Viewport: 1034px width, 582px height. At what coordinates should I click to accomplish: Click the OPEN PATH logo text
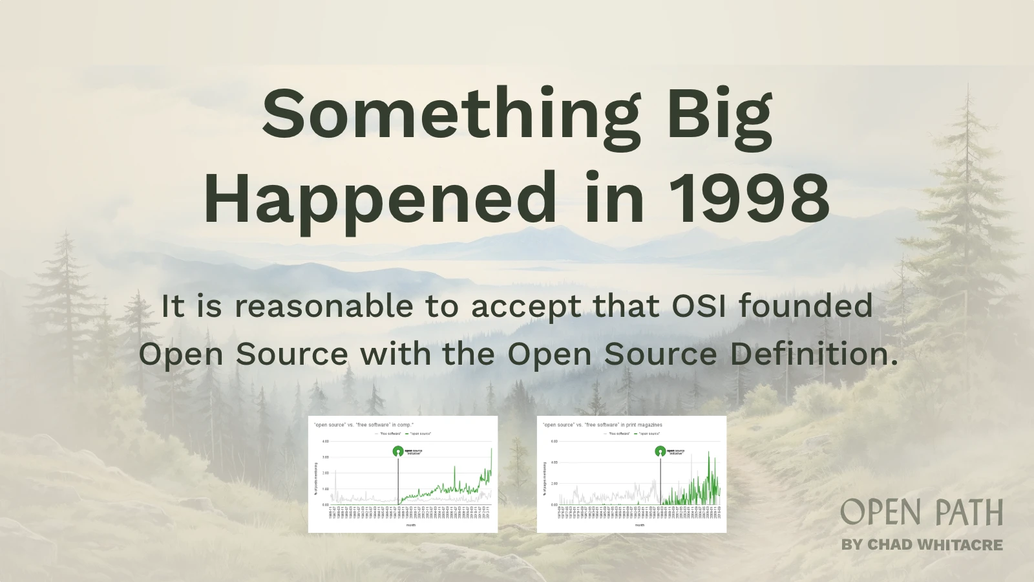coord(922,512)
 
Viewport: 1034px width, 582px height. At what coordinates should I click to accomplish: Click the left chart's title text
coord(363,425)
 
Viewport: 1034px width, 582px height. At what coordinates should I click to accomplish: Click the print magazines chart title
coord(602,425)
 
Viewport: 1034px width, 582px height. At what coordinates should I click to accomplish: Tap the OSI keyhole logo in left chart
coord(398,451)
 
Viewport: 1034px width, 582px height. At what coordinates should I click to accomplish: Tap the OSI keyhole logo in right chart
coord(660,451)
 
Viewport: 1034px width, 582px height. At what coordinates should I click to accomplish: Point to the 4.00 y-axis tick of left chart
coord(325,441)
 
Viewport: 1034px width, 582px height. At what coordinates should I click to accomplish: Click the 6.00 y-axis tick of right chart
coord(554,441)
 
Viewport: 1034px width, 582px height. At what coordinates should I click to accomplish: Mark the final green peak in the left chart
coord(491,449)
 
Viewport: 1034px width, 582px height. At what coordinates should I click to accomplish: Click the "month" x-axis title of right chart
coord(639,525)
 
